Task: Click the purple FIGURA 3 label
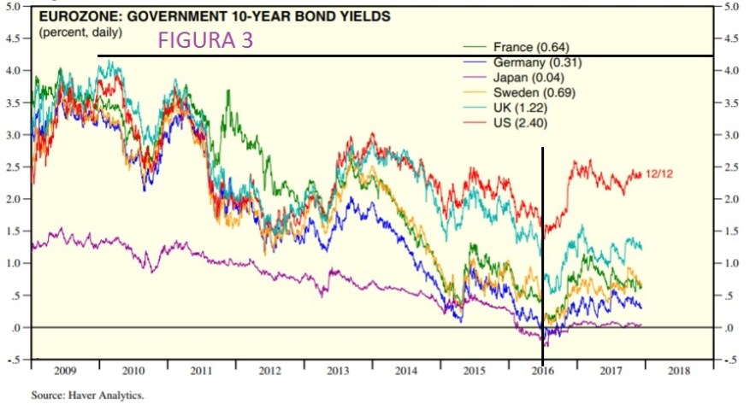[205, 40]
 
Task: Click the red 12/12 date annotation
[658, 173]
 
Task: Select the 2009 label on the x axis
[65, 372]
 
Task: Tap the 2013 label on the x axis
[337, 372]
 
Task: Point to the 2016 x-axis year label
[542, 372]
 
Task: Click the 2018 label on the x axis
[678, 372]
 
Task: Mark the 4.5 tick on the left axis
[13, 38]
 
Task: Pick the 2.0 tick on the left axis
[13, 199]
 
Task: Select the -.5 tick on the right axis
[731, 360]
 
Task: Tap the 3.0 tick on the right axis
[731, 135]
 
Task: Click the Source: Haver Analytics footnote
[88, 395]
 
